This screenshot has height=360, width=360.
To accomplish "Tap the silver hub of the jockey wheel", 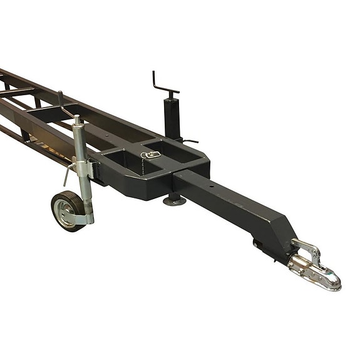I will pos(64,212).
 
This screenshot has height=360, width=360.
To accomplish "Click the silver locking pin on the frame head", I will pos(152,155).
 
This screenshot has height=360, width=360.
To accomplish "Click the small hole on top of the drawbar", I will pos(212,186).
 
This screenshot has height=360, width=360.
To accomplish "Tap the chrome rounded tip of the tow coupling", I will pos(332,280).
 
